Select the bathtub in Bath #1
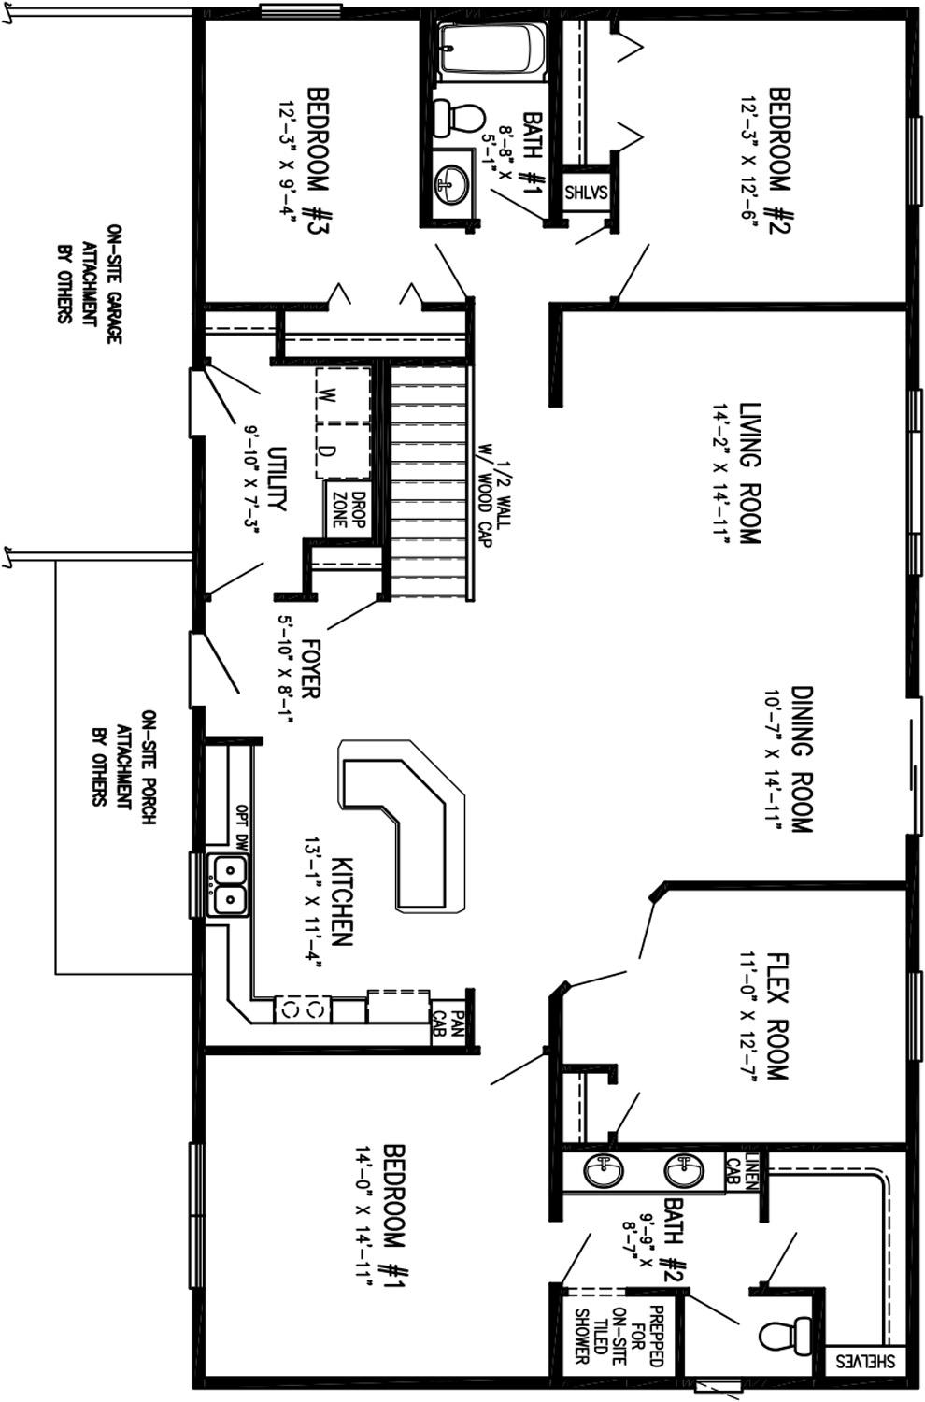(491, 50)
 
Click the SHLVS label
(587, 193)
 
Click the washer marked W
(343, 395)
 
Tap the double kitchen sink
(230, 885)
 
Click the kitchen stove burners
(303, 1009)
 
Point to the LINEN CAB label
(742, 1171)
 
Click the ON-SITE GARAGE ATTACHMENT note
(89, 283)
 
